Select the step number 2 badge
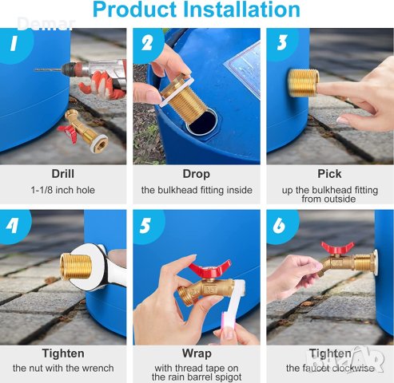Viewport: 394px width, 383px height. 148,44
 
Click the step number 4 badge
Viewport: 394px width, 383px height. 14,226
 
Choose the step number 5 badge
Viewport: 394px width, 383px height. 147,226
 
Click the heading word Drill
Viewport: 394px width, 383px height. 63,174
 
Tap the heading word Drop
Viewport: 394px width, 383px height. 197,175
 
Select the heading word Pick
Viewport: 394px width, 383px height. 329,174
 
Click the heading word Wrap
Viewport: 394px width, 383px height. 197,354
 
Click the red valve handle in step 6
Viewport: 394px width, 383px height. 337,248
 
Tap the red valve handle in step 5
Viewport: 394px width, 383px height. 209,269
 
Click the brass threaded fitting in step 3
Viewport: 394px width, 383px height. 304,83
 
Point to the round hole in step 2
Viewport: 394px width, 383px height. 202,122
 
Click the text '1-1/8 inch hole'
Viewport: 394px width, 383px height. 63,190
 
